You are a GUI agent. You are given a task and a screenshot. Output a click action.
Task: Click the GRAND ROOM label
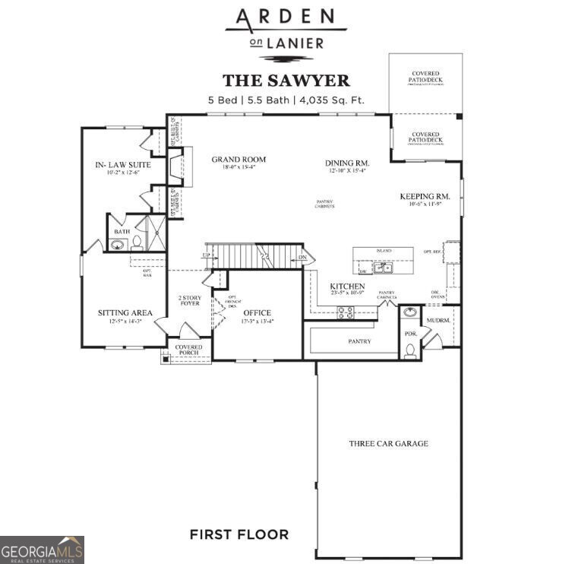[239, 160]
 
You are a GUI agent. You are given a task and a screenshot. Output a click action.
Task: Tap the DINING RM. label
[346, 163]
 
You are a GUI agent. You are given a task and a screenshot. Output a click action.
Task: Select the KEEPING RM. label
[425, 196]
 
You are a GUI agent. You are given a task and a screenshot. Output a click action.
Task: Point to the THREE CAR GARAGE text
[388, 443]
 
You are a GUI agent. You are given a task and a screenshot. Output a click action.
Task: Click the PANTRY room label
[359, 341]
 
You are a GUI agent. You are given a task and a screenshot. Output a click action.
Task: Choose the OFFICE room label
[257, 312]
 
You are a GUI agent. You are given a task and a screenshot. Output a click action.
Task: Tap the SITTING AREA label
[125, 312]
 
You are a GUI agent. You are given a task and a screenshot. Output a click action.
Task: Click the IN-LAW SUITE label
[122, 164]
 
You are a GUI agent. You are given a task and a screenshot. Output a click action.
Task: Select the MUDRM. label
[438, 321]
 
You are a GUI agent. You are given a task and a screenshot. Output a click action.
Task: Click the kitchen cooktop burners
[345, 311]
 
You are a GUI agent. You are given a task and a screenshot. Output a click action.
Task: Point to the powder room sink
[409, 312]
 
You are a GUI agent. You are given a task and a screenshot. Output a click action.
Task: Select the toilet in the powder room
[410, 349]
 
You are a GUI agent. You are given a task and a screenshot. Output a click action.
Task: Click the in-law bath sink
[119, 245]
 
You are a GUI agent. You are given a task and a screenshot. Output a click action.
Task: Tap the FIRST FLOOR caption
[239, 534]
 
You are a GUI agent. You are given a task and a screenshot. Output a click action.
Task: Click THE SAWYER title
[286, 81]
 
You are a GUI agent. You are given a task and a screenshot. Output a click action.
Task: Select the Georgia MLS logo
[43, 549]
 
